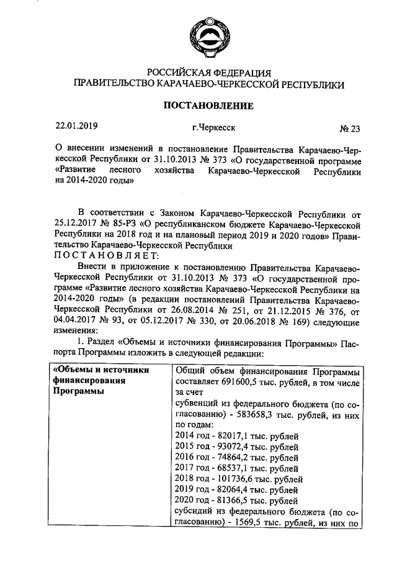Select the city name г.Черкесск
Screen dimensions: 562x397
[213, 128]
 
